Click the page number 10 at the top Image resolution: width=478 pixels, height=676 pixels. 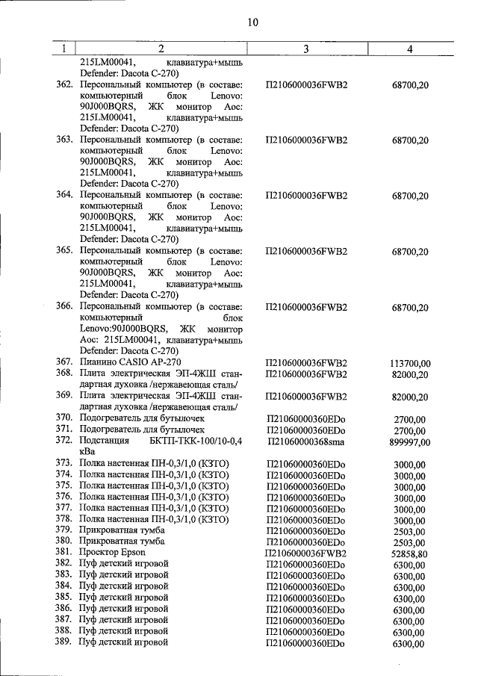[252, 23]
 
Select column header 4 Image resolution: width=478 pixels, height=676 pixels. [409, 49]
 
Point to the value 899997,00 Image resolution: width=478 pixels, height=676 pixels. [410, 442]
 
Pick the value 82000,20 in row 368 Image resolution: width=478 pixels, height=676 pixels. [410, 374]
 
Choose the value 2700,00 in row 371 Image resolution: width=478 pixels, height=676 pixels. [410, 431]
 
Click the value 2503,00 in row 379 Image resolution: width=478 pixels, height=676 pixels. [410, 530]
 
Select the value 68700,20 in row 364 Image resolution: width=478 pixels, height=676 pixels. [410, 196]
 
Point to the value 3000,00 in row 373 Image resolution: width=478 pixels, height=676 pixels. [410, 465]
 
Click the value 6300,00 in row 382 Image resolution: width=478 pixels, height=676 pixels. [410, 565]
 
